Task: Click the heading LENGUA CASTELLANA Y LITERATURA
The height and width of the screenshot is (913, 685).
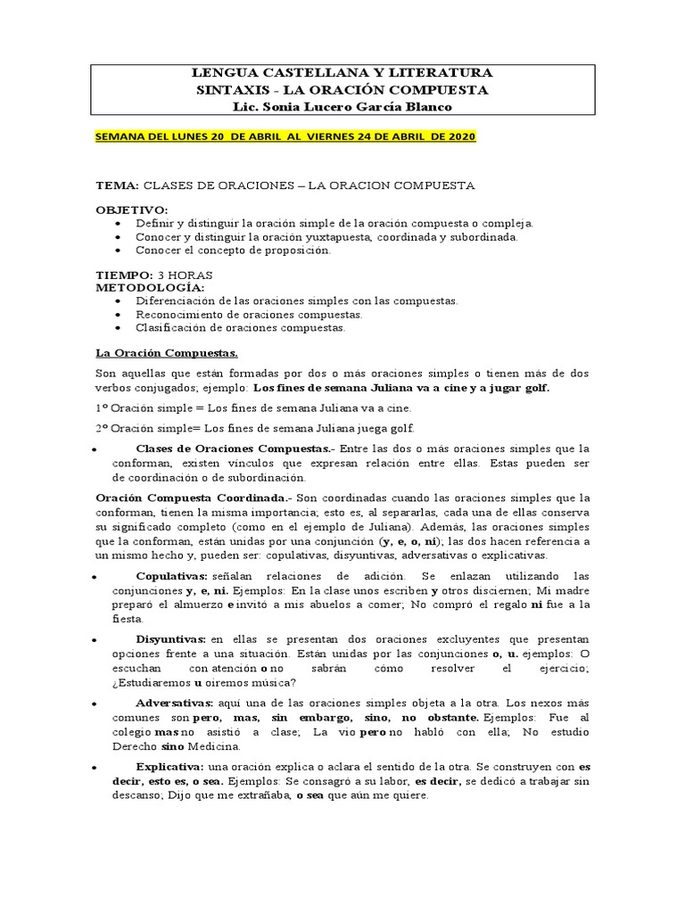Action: [x=342, y=73]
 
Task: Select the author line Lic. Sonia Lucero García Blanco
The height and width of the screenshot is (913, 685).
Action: [x=342, y=107]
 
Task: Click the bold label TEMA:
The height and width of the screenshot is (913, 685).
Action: [x=117, y=185]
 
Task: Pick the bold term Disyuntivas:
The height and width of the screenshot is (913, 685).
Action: [x=171, y=639]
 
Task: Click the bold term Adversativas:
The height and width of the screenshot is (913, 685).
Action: [x=175, y=703]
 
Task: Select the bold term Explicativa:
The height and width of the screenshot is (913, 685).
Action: [x=170, y=766]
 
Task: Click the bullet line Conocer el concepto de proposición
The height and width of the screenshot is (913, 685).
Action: [x=233, y=251]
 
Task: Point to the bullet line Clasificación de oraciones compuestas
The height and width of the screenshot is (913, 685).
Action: [x=240, y=327]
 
